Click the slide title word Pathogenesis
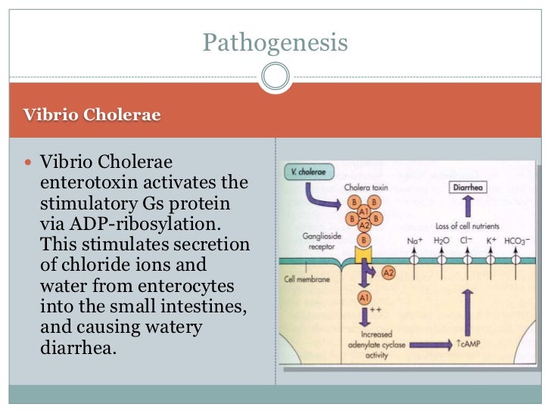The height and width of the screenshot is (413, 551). (x=275, y=42)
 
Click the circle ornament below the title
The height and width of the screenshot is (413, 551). (x=275, y=76)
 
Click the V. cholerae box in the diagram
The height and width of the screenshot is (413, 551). (x=310, y=172)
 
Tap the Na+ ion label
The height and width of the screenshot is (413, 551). (x=414, y=241)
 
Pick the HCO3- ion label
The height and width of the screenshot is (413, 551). (x=518, y=241)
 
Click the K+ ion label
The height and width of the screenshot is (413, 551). (x=490, y=241)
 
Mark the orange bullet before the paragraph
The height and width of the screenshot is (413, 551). (x=30, y=162)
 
